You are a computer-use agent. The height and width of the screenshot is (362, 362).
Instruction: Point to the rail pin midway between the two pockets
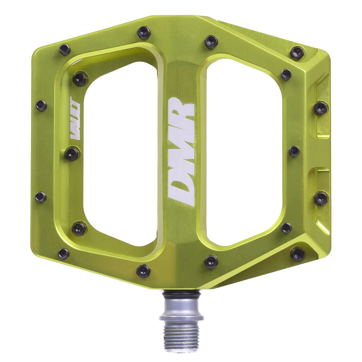(x=294, y=150)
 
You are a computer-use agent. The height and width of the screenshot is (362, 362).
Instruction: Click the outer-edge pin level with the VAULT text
(x=42, y=106)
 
